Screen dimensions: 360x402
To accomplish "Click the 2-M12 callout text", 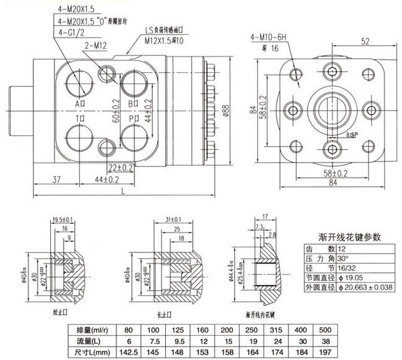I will tap(93, 45).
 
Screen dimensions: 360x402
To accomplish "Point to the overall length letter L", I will tap(124, 192).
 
